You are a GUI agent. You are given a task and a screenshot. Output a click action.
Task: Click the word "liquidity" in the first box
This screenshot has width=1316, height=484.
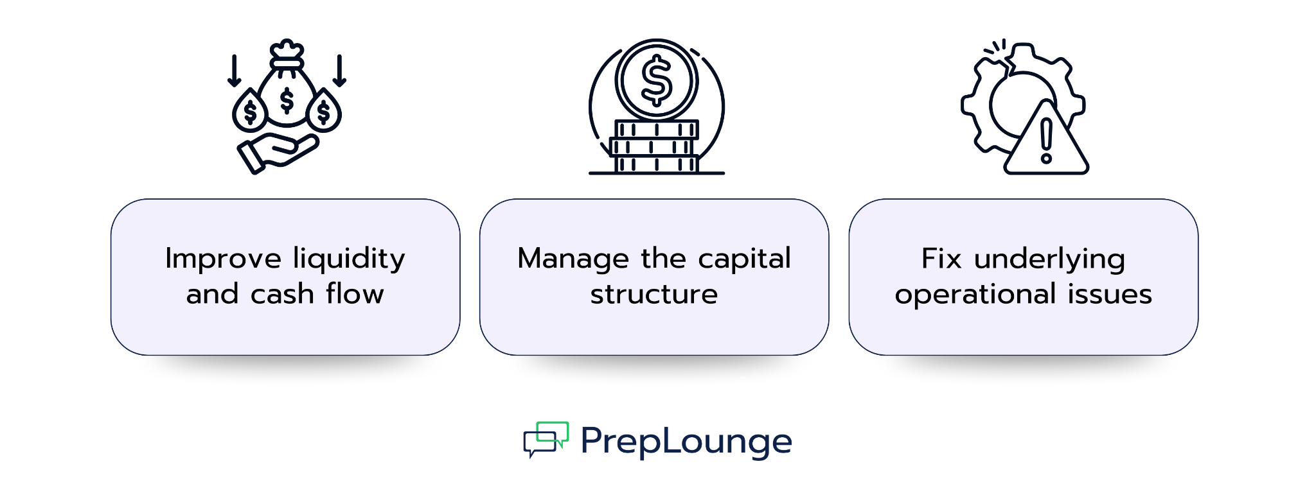(x=349, y=259)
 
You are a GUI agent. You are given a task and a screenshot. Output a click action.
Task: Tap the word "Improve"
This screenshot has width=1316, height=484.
(x=223, y=259)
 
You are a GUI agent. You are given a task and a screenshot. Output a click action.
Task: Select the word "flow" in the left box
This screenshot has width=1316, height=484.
(x=355, y=294)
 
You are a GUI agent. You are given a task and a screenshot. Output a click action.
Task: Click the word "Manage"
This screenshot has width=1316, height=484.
(x=573, y=259)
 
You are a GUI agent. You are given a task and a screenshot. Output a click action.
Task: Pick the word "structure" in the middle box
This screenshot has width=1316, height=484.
(x=654, y=294)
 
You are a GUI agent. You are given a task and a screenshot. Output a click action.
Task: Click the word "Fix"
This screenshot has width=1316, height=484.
(x=941, y=259)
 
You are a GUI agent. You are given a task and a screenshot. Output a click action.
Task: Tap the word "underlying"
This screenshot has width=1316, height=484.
(x=1049, y=259)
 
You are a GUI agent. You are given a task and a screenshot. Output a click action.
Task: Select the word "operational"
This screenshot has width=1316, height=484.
(x=975, y=295)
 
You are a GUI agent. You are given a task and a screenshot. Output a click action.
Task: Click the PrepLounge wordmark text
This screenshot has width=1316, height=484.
(x=686, y=442)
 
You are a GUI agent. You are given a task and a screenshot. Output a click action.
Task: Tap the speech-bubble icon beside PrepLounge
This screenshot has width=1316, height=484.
(x=546, y=439)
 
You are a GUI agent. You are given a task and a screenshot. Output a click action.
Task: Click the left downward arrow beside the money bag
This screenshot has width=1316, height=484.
(x=235, y=70)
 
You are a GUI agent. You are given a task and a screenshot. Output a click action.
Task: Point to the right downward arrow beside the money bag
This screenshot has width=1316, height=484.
(x=340, y=70)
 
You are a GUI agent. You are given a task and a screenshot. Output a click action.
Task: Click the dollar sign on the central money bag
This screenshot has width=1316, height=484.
(x=287, y=101)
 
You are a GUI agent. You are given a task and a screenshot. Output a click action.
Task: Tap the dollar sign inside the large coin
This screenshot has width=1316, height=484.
(x=657, y=81)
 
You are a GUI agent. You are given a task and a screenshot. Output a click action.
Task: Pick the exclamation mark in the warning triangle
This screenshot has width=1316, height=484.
(x=1046, y=141)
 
